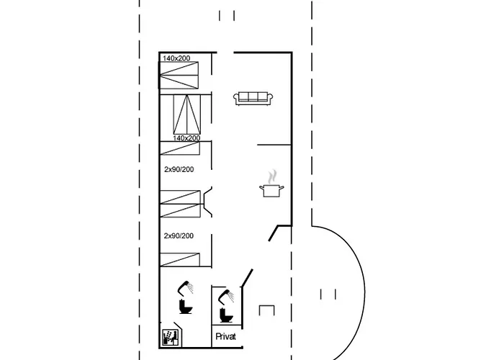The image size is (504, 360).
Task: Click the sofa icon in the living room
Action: pos(253,99)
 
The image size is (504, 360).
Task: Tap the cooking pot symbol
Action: pos(271,190)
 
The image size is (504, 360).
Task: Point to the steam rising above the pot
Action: pos(273,176)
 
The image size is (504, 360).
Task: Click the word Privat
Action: pos(225,336)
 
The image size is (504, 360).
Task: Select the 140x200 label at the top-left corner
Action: pos(176,58)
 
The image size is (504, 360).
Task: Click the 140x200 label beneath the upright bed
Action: pos(186,138)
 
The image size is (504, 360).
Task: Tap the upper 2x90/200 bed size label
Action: pos(179,169)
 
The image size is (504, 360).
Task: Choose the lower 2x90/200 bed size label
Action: pos(179,236)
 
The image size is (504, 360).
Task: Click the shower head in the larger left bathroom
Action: pos(186,288)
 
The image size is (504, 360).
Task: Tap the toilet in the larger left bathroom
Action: pos(186,306)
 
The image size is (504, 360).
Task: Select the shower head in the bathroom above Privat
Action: pos(226,297)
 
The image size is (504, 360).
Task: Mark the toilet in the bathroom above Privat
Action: pos(226,315)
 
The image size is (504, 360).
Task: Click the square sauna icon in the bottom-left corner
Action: pos(170,338)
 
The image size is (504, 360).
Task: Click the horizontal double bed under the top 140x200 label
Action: pos(179,76)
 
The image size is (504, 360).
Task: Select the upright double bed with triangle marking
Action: pos(186,114)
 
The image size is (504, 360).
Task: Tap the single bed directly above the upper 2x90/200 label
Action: pos(180,148)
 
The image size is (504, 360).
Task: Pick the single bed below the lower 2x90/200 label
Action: pos(180,260)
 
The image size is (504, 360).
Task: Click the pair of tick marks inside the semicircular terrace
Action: pos(328,294)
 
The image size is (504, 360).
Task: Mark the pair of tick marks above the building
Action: pos(227,15)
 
